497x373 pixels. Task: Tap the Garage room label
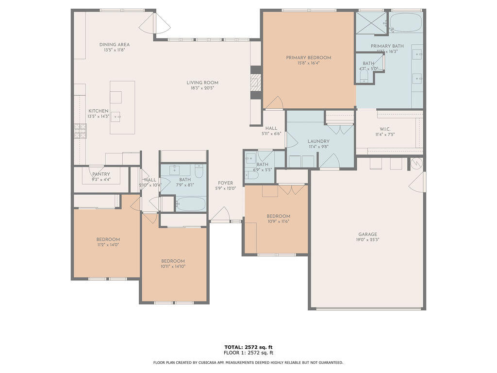[367, 235]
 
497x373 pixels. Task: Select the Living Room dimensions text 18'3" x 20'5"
[202, 88]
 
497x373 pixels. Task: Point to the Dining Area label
[115, 45]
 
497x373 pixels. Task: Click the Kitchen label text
[98, 111]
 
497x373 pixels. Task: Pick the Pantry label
[101, 174]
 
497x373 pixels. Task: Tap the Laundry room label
[318, 141]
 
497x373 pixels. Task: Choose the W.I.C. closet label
[385, 129]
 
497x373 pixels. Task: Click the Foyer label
[226, 183]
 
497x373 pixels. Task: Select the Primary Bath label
[387, 46]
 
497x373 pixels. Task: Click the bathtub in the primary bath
[406, 22]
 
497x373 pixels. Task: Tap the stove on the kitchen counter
[80, 130]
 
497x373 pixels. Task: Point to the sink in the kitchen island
[116, 117]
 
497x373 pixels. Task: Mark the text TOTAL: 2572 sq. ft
[248, 347]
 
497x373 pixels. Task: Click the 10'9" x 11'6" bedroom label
[278, 216]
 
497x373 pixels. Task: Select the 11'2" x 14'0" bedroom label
[108, 239]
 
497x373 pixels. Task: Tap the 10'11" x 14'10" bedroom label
[173, 261]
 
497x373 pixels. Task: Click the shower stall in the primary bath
[371, 23]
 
